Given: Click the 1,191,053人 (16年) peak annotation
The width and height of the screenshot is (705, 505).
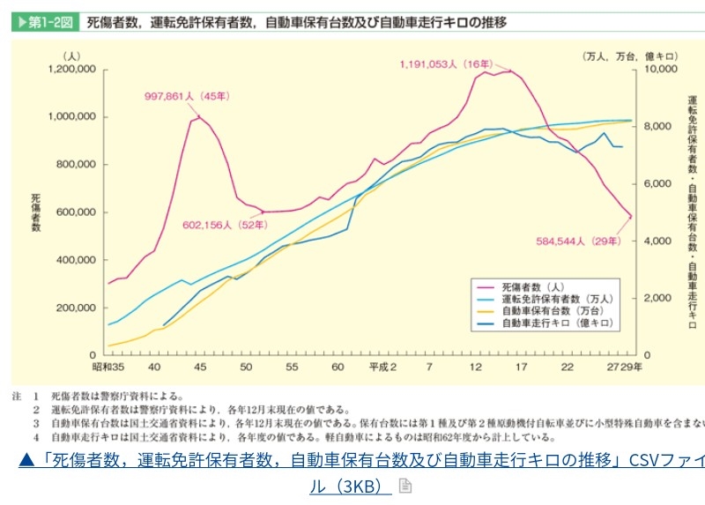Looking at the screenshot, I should [x=446, y=64].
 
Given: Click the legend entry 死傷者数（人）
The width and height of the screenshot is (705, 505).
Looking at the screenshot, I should [x=532, y=287].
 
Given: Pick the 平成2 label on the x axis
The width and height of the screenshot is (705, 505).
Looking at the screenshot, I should [x=382, y=367].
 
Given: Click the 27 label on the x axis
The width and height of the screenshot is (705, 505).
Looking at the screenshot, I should [x=612, y=367].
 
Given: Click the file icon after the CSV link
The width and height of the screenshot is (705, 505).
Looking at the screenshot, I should [x=405, y=486].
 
